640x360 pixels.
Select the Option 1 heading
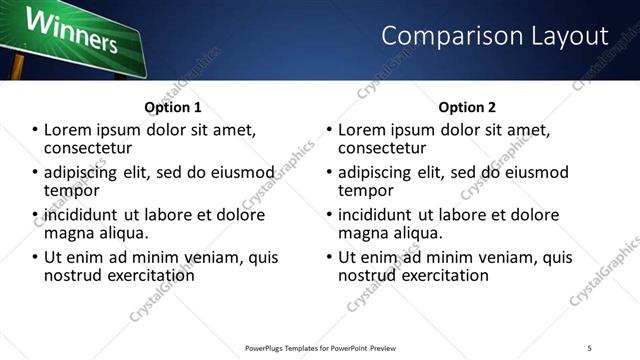pyautogui.click(x=173, y=107)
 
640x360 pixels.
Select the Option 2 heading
pyautogui.click(x=467, y=107)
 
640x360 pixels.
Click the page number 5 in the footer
pyautogui.click(x=590, y=348)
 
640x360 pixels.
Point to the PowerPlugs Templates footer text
pyautogui.click(x=321, y=348)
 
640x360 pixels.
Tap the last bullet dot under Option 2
pyautogui.click(x=329, y=258)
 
